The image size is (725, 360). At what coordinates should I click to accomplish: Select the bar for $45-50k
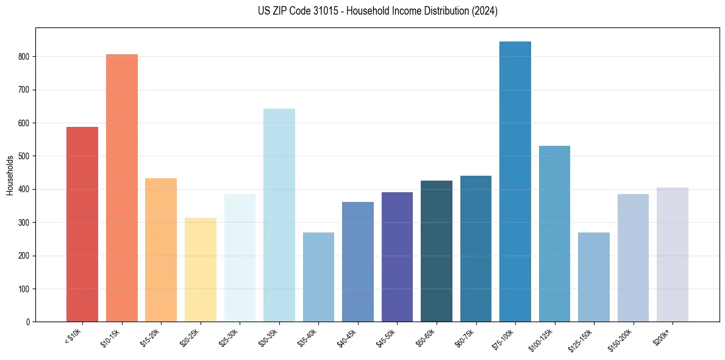(x=397, y=257)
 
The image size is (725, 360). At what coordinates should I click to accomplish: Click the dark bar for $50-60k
(x=437, y=251)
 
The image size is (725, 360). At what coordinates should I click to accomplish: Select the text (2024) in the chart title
(x=484, y=11)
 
